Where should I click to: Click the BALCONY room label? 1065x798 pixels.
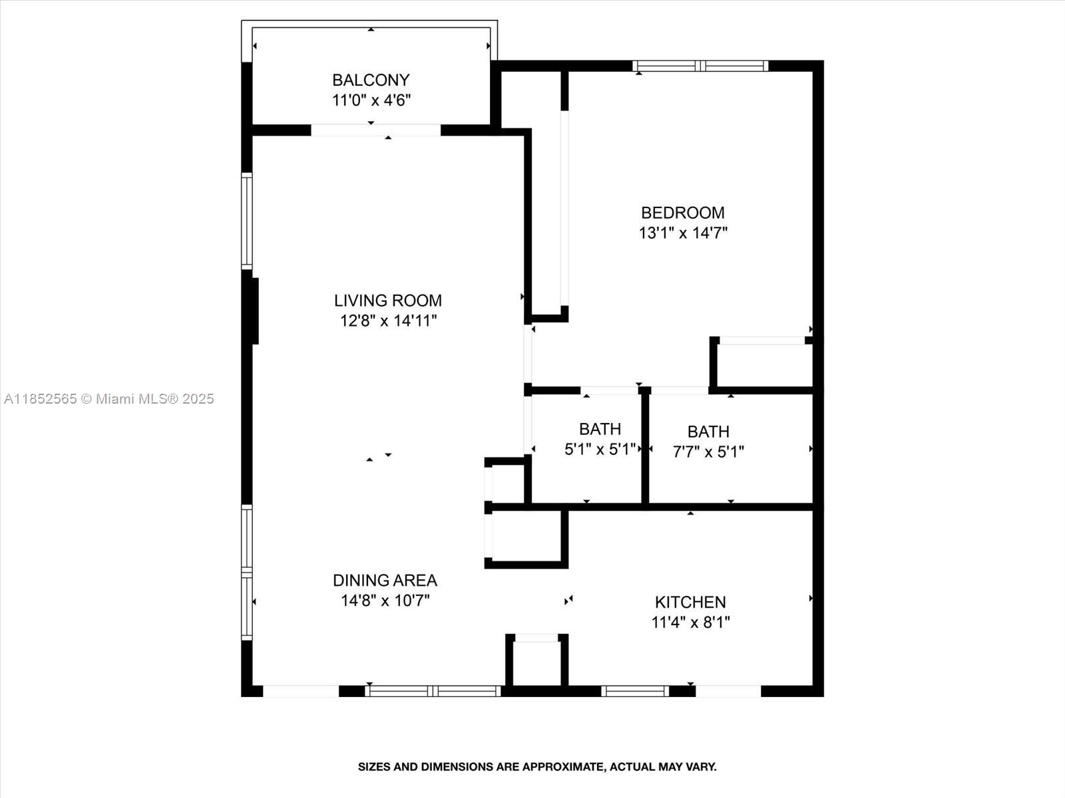pyautogui.click(x=371, y=80)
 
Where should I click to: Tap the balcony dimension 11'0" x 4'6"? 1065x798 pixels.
pyautogui.click(x=371, y=100)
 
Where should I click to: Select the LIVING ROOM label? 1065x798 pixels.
pyautogui.click(x=387, y=300)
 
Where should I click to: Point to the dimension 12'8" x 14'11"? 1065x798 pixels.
pyautogui.click(x=387, y=321)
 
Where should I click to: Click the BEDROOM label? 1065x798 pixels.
pyautogui.click(x=682, y=212)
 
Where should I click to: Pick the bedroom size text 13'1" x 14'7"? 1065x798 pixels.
pyautogui.click(x=682, y=233)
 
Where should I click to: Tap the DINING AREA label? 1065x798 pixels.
pyautogui.click(x=385, y=580)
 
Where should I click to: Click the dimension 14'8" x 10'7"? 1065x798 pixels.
pyautogui.click(x=385, y=600)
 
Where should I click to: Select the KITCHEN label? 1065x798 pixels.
pyautogui.click(x=690, y=602)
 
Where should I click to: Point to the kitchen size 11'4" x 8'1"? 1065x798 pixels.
pyautogui.click(x=690, y=622)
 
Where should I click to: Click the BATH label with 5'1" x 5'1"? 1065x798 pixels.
pyautogui.click(x=600, y=429)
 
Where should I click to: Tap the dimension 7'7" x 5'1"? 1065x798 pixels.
pyautogui.click(x=708, y=452)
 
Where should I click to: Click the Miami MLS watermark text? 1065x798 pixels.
pyautogui.click(x=108, y=398)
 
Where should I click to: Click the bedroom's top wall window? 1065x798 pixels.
pyautogui.click(x=700, y=66)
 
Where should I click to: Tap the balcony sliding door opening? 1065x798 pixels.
pyautogui.click(x=376, y=130)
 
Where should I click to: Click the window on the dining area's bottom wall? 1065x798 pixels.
pyautogui.click(x=433, y=691)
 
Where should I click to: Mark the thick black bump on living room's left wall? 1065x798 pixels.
pyautogui.click(x=253, y=311)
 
